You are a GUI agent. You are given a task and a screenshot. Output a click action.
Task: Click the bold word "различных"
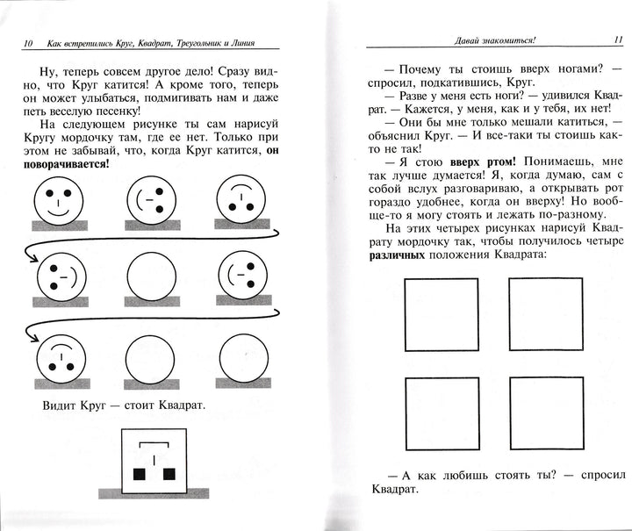tap(393, 254)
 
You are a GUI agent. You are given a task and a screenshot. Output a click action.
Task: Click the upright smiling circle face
tap(61, 202)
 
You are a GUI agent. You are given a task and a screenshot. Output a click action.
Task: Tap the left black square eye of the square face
tap(138, 475)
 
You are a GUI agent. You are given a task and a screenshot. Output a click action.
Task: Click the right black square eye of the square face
tap(169, 475)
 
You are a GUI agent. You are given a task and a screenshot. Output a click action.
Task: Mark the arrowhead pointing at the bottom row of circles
tap(32, 338)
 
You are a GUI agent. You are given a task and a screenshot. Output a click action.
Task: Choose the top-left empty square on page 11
tap(439, 313)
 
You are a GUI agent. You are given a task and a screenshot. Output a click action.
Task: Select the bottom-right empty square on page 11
tap(545, 413)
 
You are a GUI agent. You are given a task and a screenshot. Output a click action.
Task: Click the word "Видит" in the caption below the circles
tap(59, 406)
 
